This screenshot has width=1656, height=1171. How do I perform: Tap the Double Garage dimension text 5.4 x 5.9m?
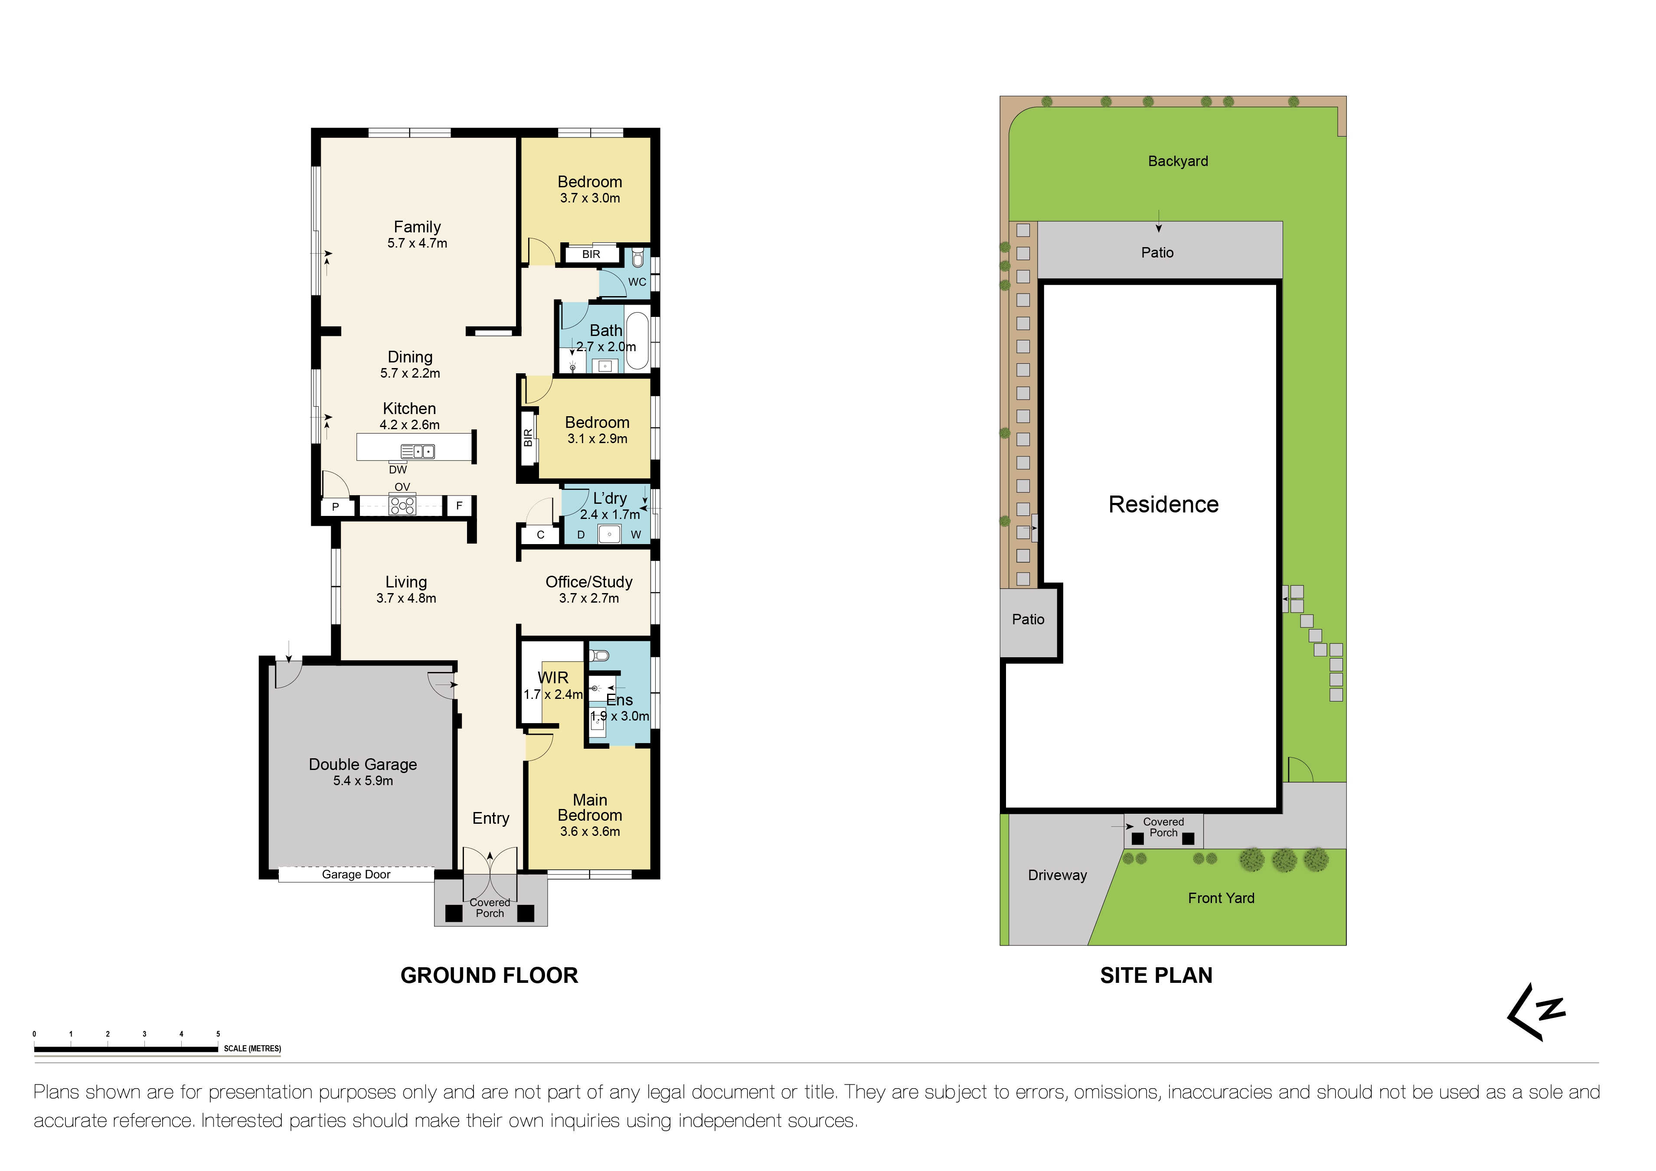click(363, 781)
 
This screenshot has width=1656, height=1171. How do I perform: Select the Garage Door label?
click(356, 874)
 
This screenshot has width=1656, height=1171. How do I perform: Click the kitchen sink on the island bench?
click(418, 452)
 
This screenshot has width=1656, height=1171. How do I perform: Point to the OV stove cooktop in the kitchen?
click(402, 505)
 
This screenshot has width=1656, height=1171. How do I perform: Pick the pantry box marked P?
click(335, 507)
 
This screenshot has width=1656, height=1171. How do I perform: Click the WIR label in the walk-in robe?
click(553, 678)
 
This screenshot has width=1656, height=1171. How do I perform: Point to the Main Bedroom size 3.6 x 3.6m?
click(590, 832)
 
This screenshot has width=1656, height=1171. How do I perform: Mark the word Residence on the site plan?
click(1163, 505)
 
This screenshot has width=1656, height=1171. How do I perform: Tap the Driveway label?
click(1057, 875)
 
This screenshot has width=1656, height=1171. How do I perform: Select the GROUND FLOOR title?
click(489, 975)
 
